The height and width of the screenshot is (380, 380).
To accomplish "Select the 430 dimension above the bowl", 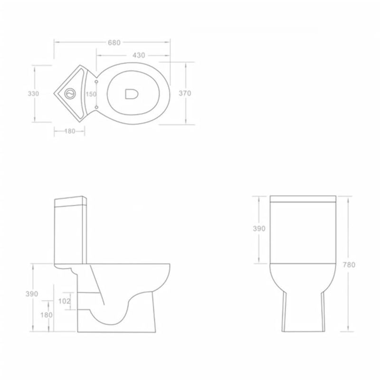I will pos(139,55).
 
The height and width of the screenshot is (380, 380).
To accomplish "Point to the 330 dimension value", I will pos(33,94).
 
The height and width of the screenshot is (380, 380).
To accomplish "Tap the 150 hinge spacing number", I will pos(91,94).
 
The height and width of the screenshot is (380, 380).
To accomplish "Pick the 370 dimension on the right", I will pos(185,94).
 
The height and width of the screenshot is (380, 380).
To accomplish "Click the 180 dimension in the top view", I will pos(70,132).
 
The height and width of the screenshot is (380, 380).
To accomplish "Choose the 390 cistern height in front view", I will pos(260,228).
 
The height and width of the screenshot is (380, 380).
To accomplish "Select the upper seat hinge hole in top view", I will pos(97,82).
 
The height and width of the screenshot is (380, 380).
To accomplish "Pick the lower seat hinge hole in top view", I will pos(97,107).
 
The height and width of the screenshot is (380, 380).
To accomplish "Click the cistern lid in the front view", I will pos(303,199).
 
